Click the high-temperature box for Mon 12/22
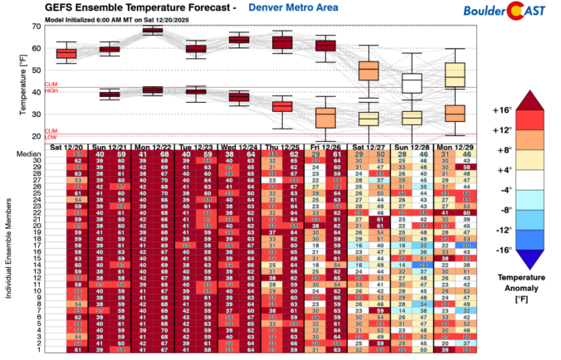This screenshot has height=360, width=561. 153,31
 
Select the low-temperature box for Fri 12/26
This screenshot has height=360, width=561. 325,117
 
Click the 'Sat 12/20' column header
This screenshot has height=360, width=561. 66,147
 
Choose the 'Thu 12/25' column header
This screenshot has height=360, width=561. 282,147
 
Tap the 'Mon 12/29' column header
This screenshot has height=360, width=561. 455,147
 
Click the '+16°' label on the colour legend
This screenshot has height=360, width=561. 500,110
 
